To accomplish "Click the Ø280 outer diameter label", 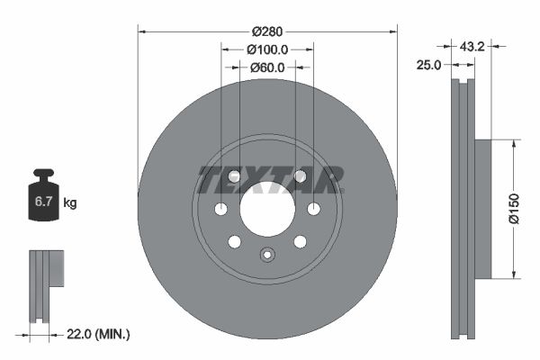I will pos(267,15).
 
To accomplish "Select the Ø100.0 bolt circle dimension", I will pos(267,49).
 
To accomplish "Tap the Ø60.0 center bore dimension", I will pos(267,67).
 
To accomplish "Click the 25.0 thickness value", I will pos(429,65).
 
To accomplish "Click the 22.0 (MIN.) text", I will pos(100,334).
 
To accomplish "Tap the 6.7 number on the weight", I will pos(44,202).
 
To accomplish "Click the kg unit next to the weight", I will pos(70,203).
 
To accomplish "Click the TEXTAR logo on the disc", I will pos(270,179).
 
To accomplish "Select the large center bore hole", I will pos(267,209).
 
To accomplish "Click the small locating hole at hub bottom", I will pos(266,254).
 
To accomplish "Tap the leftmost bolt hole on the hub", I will pos(221,209).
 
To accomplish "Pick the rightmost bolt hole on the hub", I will pos(313,209).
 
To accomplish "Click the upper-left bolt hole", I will pos(234,176).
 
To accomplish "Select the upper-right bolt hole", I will pos(300,176).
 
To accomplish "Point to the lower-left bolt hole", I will pos(234,241).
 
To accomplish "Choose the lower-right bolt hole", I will pos(300,241).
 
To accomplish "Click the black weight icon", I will pos(44,197).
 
